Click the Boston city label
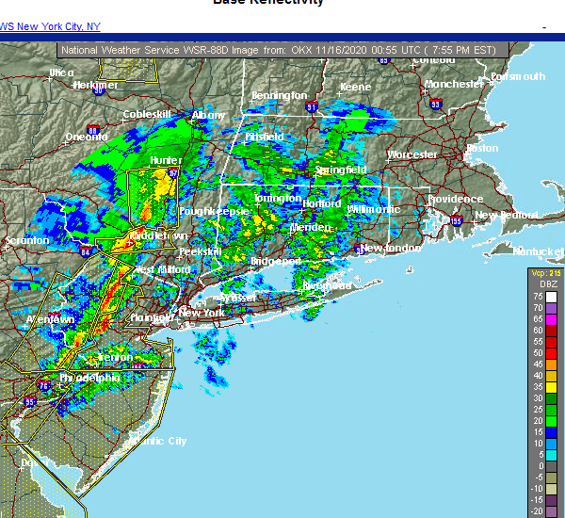pos(482,148)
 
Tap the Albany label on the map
pos(208,115)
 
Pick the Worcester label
pos(412,154)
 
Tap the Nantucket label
pos(538,251)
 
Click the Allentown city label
pos(49,319)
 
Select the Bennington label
pos(279,95)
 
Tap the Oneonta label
pos(86,137)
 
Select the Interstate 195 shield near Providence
pos(456,222)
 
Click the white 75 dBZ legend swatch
pos(551,297)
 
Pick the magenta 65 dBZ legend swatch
pos(551,319)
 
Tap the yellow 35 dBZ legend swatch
pos(551,386)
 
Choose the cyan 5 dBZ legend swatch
pos(551,454)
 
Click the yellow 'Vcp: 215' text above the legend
pos(544,273)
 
